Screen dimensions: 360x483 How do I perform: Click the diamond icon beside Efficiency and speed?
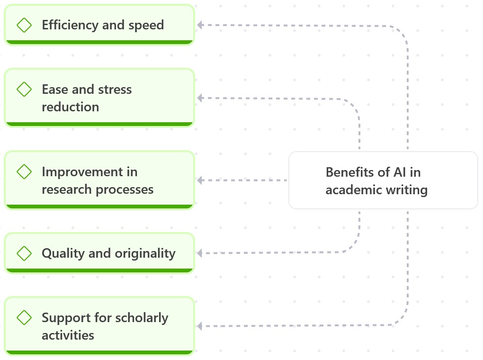click(24, 25)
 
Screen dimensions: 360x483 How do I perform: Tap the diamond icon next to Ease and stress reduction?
click(24, 89)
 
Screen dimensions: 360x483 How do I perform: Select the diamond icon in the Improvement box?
click(24, 171)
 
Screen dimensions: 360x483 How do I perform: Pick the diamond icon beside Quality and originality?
click(24, 253)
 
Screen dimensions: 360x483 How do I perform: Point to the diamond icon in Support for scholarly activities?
click(24, 317)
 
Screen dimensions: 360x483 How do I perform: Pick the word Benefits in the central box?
click(347, 172)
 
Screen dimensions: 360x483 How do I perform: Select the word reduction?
click(70, 107)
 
